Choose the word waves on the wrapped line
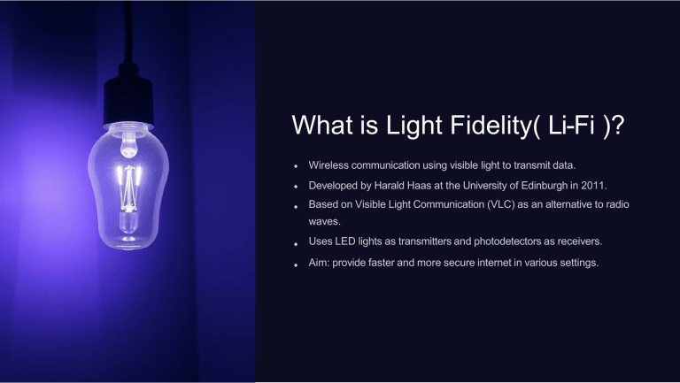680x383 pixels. (x=324, y=223)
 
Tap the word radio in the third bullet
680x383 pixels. (x=619, y=205)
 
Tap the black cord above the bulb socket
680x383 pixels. (x=128, y=35)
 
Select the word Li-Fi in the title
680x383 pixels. (x=567, y=126)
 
